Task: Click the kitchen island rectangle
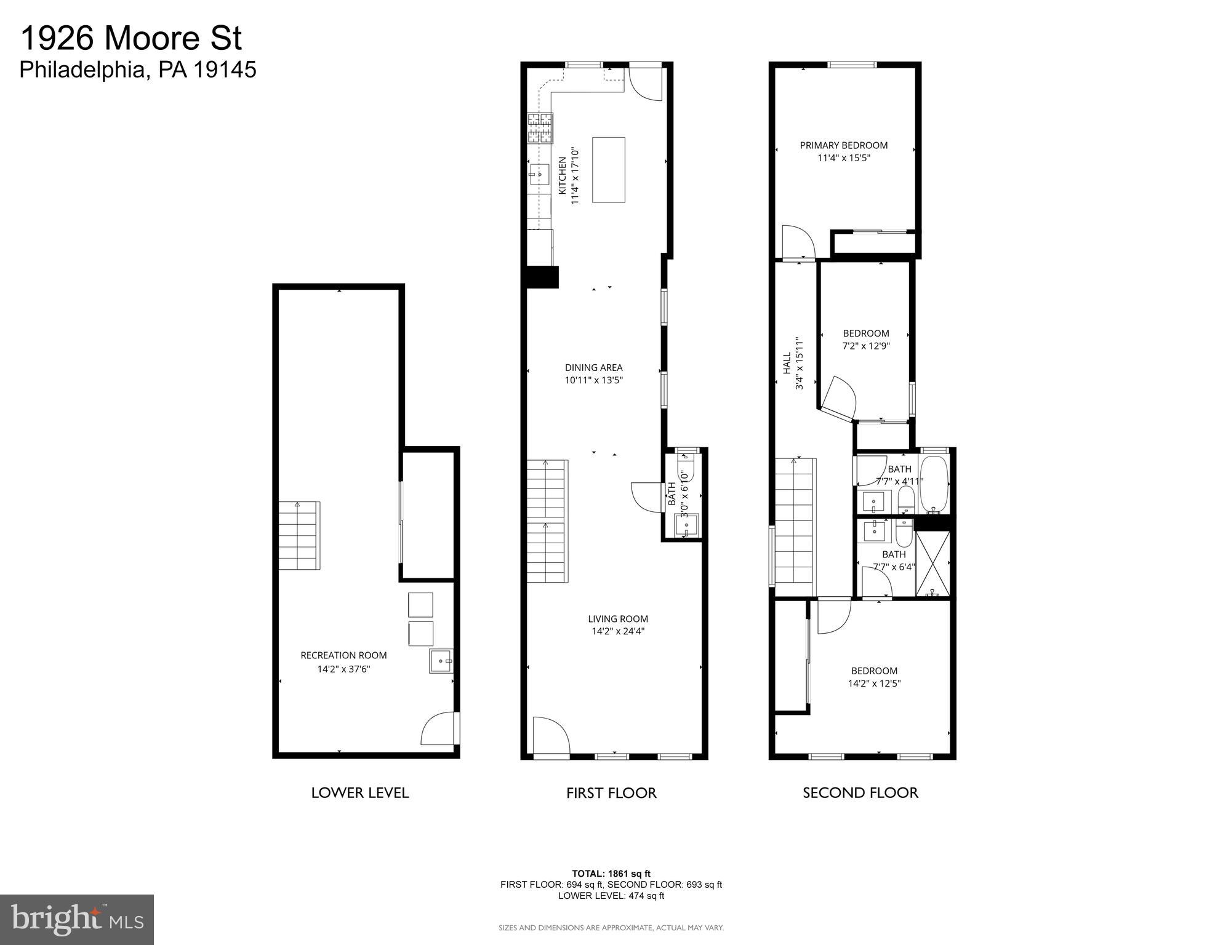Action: point(608,170)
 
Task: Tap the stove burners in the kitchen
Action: point(540,128)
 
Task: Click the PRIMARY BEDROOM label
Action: point(843,145)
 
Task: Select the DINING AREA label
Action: point(593,367)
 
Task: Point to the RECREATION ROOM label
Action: point(343,655)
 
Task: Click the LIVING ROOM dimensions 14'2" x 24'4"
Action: point(617,631)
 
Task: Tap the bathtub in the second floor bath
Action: point(934,484)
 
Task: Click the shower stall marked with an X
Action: point(932,563)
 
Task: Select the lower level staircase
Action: point(299,535)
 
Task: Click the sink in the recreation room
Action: point(441,661)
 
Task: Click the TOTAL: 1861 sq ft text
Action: point(611,873)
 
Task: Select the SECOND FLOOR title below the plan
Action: point(860,793)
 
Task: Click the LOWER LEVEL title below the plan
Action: point(359,793)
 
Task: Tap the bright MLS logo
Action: point(76,919)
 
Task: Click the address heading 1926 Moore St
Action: point(131,38)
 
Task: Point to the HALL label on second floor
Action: point(787,363)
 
